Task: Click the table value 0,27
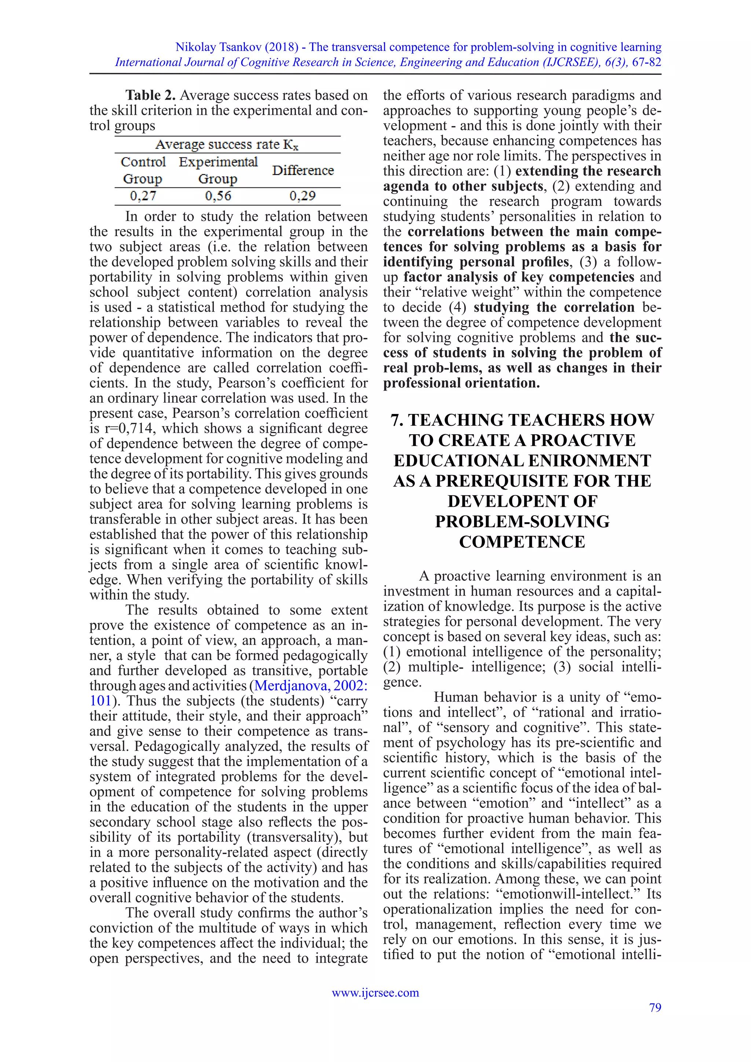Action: coord(143,196)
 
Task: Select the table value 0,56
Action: coord(218,196)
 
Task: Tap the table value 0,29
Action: coord(303,196)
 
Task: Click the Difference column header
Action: coord(303,170)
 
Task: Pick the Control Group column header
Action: coord(143,170)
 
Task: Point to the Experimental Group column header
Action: coord(218,170)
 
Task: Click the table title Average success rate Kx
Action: coord(227,145)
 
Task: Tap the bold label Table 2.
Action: coord(150,95)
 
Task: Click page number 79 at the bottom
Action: coord(655,1007)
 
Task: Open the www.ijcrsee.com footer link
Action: coord(375,993)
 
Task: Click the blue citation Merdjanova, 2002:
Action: coord(311,685)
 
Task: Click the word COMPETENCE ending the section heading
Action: coord(522,542)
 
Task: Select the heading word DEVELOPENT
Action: coord(522,501)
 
